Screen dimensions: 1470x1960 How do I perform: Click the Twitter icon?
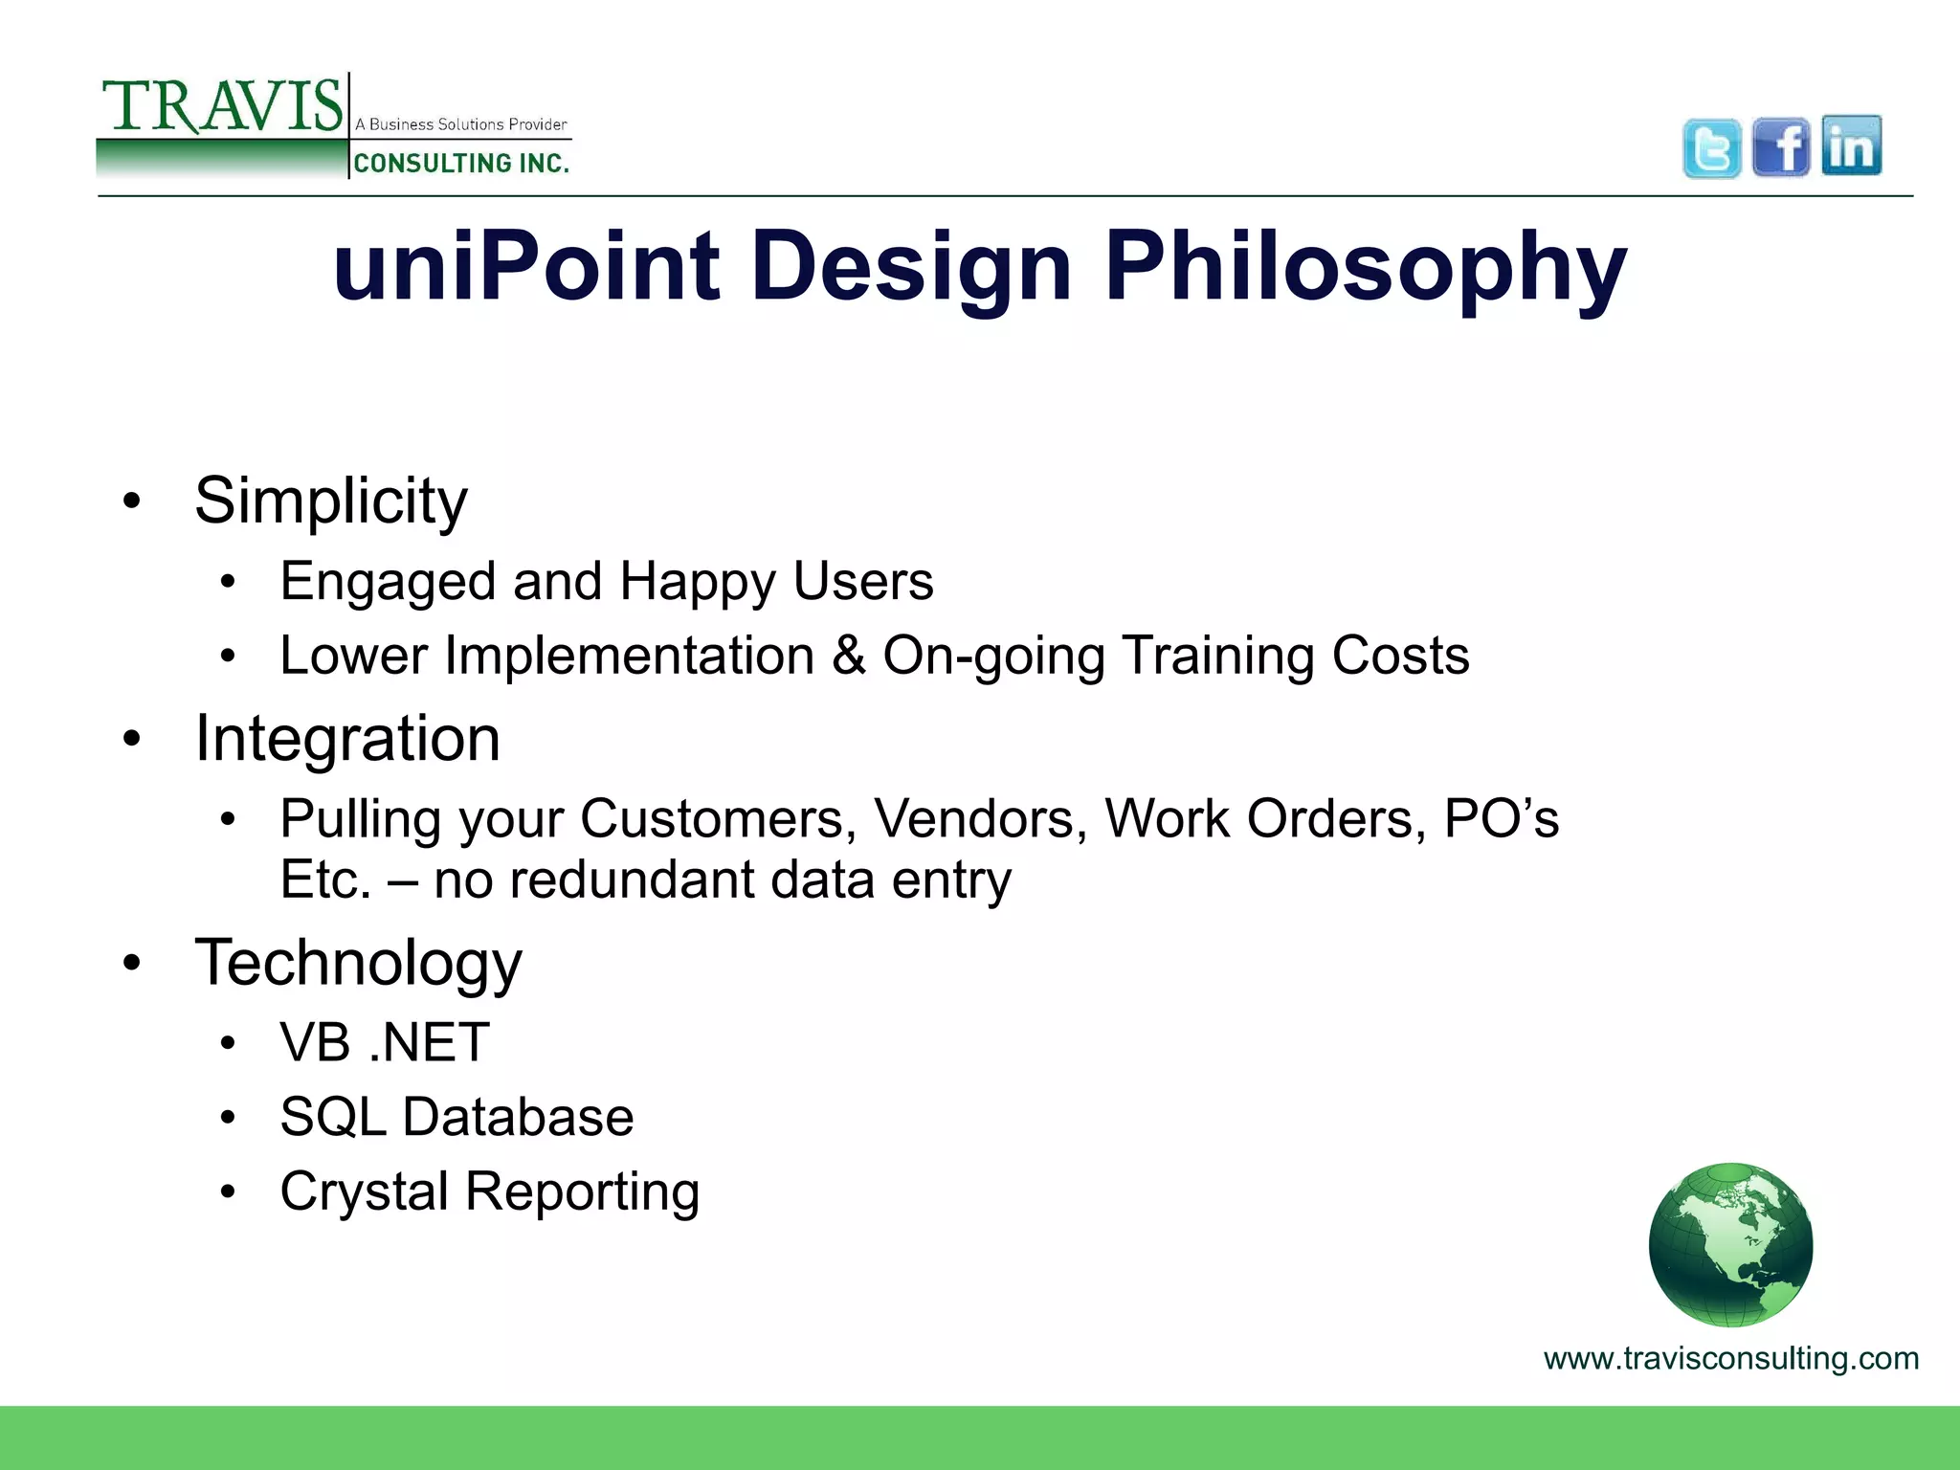tap(1711, 148)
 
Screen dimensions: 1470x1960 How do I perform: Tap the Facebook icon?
tap(1781, 147)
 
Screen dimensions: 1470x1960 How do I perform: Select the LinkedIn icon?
tap(1851, 145)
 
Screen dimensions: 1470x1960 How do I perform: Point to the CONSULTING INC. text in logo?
tap(461, 164)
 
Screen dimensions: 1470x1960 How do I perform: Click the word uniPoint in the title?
tap(525, 266)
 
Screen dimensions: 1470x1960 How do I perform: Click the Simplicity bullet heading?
tap(331, 501)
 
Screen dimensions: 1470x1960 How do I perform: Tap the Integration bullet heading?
tap(347, 739)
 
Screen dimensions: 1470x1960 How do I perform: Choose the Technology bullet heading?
tap(359, 963)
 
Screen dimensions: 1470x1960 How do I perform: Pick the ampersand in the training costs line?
tap(848, 656)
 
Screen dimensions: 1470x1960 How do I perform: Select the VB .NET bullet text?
tap(385, 1042)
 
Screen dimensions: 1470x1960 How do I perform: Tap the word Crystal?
tap(364, 1192)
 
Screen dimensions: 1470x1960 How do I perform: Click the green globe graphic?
tap(1730, 1244)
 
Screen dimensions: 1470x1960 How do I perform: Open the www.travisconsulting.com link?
tap(1730, 1358)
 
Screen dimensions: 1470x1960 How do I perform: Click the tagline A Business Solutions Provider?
tap(461, 124)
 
